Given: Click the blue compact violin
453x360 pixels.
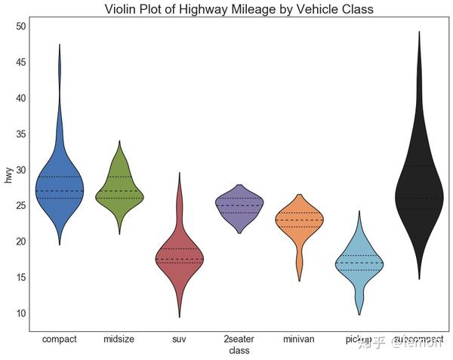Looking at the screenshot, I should (x=60, y=185).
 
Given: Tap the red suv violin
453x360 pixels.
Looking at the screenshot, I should (x=179, y=257).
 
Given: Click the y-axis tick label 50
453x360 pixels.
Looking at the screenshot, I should (x=20, y=26).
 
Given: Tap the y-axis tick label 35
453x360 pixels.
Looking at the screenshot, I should (x=20, y=134).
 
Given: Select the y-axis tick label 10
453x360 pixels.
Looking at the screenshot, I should (x=20, y=313).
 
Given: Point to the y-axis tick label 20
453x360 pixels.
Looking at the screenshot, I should (x=20, y=242).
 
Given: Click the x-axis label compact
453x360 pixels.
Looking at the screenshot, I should (x=60, y=340).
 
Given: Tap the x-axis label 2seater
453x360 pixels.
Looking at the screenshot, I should (x=239, y=340).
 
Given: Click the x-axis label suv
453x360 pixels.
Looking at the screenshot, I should (x=179, y=340).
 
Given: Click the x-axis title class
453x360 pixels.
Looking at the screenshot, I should (x=239, y=351).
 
